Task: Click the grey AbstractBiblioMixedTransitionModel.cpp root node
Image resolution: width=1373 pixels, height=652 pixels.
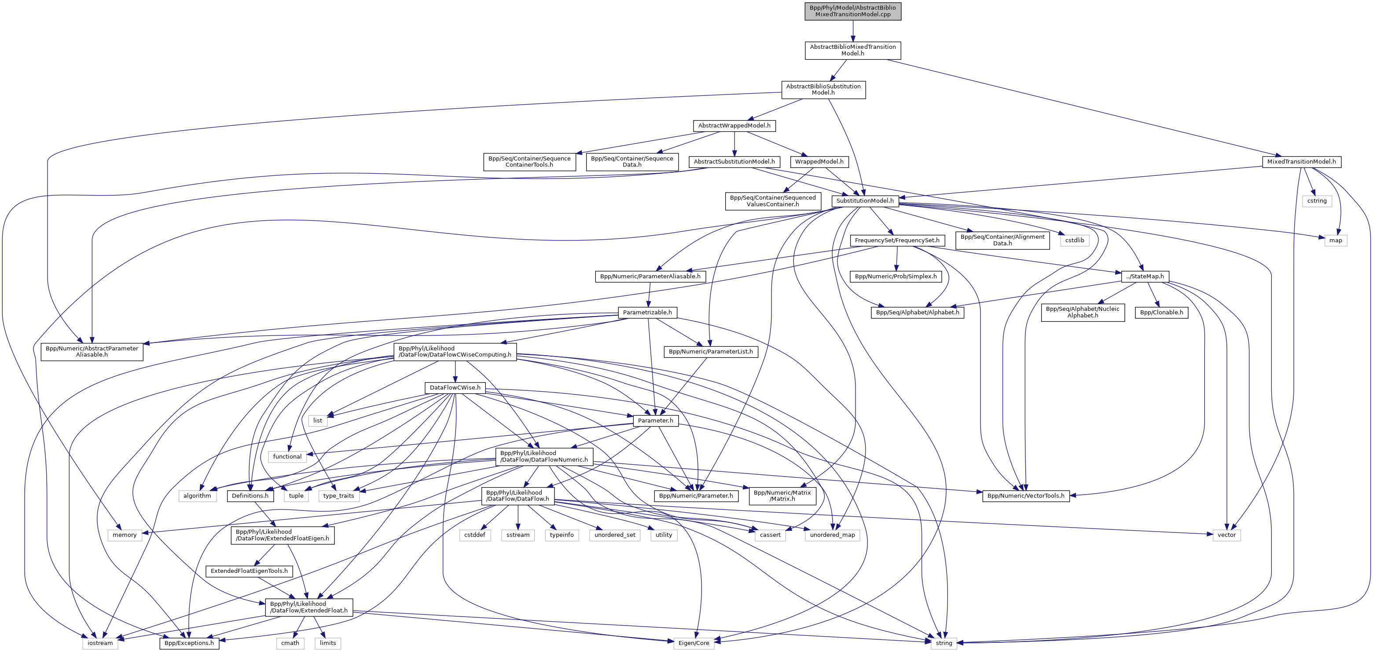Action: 852,11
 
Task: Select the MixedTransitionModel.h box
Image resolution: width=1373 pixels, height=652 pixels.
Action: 1301,161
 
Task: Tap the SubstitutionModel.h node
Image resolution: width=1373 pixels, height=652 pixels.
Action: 865,201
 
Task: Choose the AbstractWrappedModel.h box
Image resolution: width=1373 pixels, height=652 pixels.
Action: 734,126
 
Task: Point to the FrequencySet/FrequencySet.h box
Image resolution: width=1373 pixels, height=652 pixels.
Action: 896,240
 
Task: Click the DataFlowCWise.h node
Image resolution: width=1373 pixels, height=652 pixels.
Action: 455,388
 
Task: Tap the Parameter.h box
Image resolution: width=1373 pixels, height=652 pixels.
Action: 655,421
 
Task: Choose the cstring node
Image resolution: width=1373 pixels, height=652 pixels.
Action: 1317,201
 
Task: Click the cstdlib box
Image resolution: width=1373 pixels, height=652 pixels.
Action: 1075,240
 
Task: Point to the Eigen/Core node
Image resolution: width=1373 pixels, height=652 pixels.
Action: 694,643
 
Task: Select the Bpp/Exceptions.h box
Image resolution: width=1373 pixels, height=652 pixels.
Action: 189,643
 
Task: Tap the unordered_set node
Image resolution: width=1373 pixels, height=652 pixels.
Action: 614,535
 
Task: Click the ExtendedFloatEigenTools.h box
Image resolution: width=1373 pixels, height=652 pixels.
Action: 249,571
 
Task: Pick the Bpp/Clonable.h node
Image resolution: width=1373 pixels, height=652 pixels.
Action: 1161,312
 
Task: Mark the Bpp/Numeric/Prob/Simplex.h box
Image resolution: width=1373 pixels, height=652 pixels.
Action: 896,277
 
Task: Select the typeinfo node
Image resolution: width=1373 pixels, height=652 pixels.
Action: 561,535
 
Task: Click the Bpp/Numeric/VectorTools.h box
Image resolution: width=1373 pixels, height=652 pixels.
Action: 1025,496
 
